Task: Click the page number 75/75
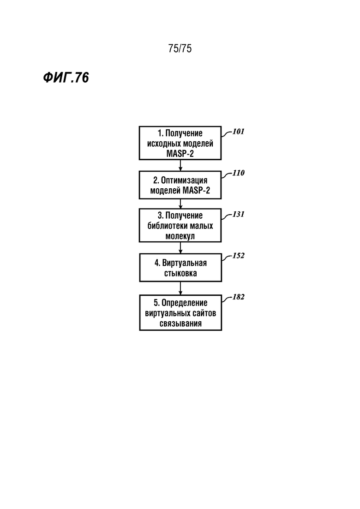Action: click(x=180, y=48)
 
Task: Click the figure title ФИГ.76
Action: click(x=66, y=78)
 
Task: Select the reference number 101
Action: click(x=238, y=132)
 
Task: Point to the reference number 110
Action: click(x=238, y=173)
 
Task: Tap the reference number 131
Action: click(x=238, y=214)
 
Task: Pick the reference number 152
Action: click(x=238, y=256)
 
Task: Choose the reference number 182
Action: click(x=238, y=297)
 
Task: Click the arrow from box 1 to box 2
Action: click(x=180, y=165)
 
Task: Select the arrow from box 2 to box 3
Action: click(x=180, y=204)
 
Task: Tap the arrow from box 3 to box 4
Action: click(x=180, y=248)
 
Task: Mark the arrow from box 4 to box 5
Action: click(x=180, y=288)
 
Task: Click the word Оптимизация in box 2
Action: click(x=184, y=180)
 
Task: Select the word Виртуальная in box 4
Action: click(x=184, y=263)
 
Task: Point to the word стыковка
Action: click(x=180, y=273)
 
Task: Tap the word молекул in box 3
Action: click(x=180, y=236)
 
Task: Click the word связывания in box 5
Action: click(x=180, y=323)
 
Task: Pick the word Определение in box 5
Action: click(x=184, y=303)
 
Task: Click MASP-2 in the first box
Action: click(x=180, y=154)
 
